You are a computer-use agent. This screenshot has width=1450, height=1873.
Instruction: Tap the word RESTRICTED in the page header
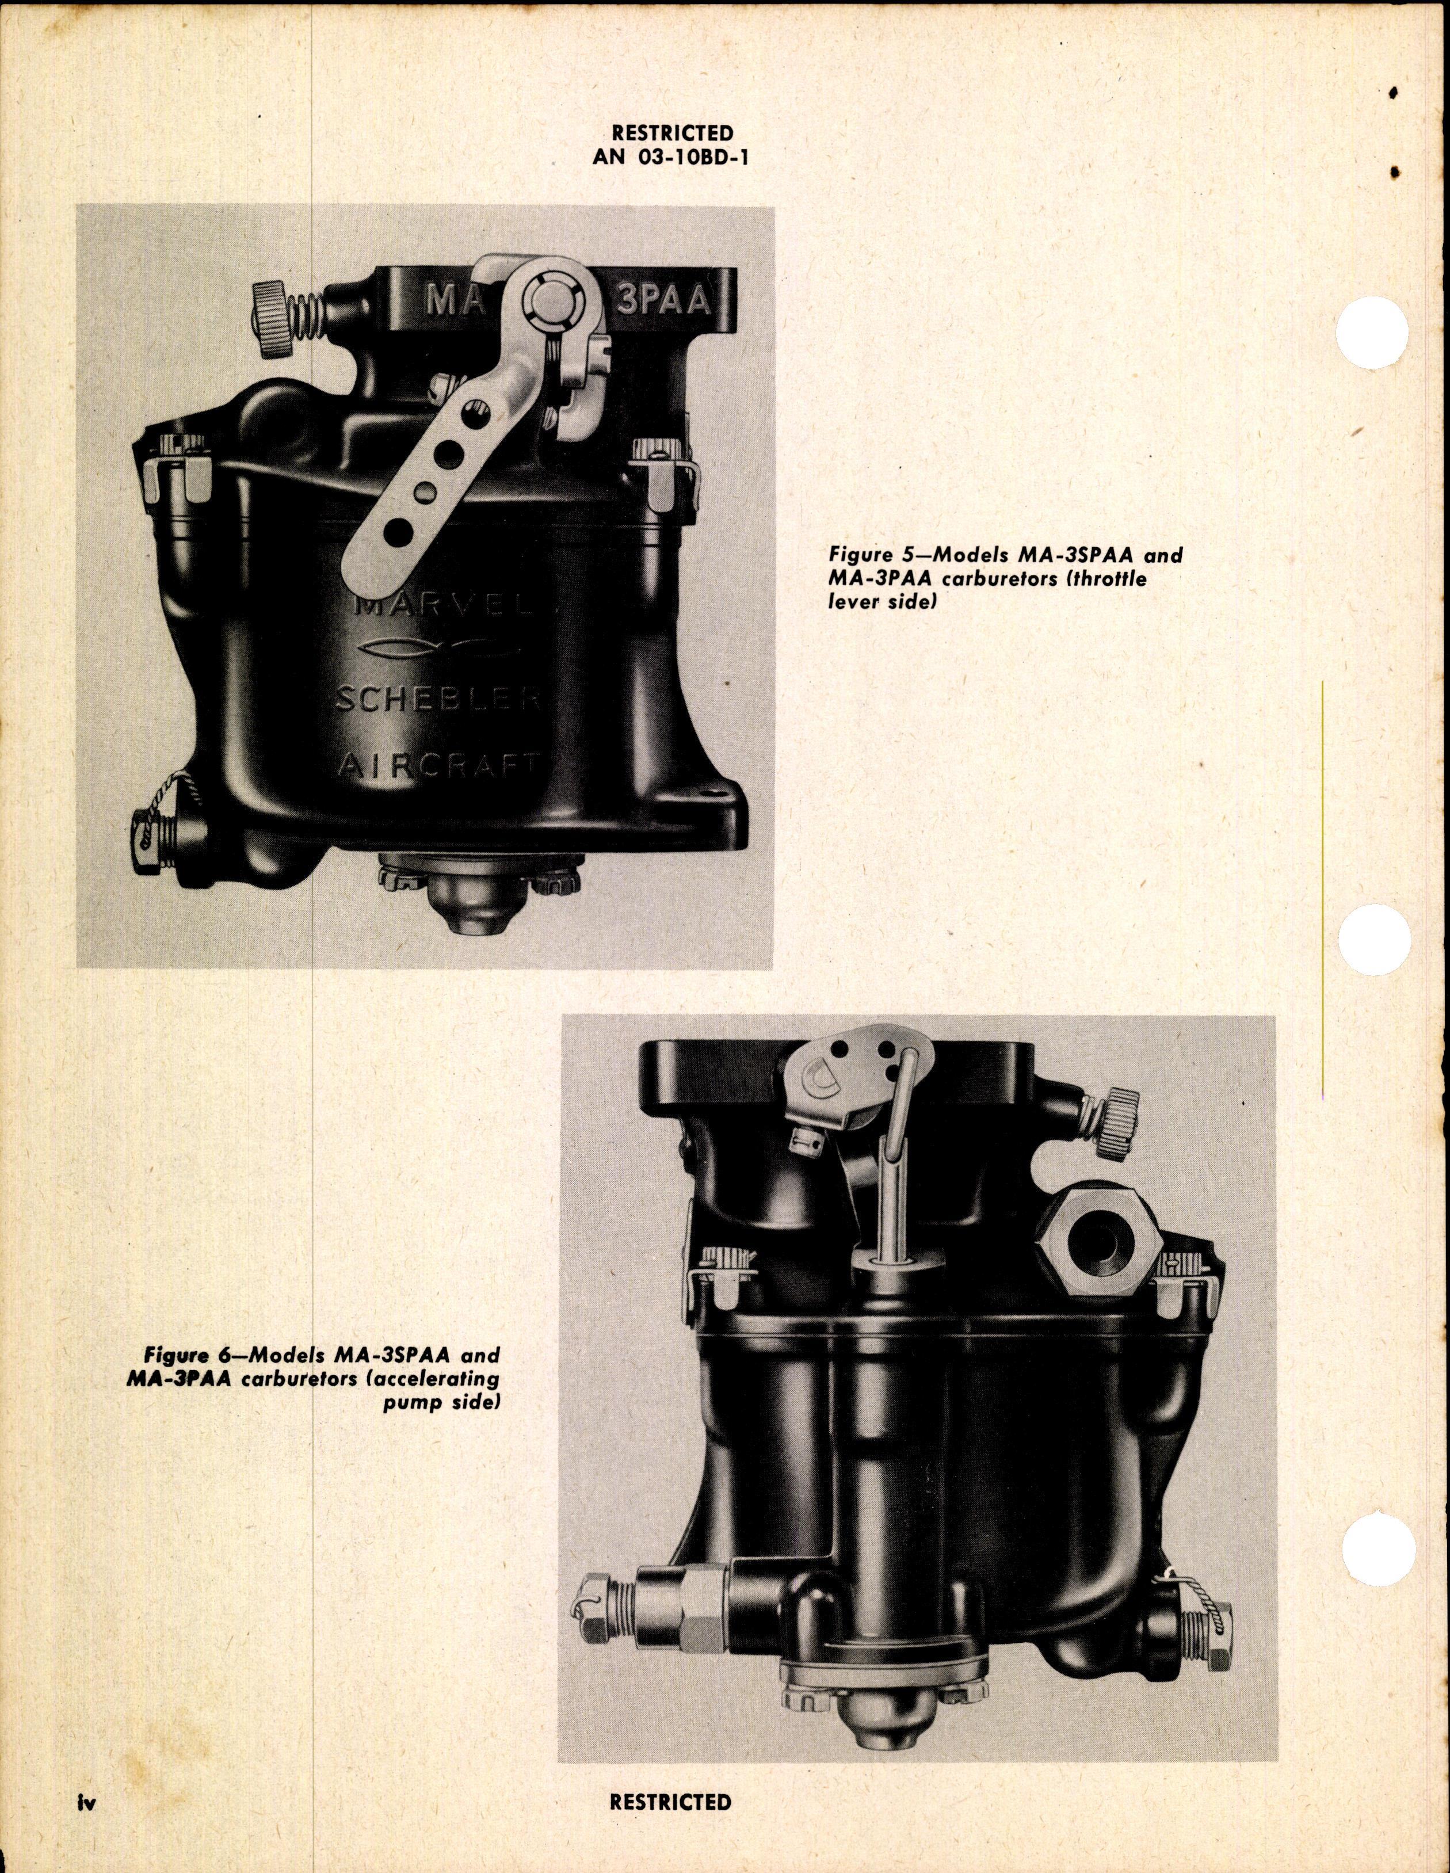coord(671,133)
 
